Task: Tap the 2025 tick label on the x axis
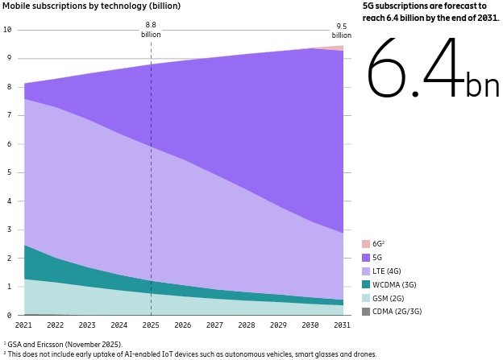coord(151,325)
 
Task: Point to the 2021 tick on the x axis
coord(23,325)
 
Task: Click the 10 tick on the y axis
coord(7,30)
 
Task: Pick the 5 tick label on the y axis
coord(7,173)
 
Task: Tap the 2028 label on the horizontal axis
coord(247,325)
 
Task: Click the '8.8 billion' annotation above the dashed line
coord(151,31)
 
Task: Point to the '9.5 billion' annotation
coord(343,31)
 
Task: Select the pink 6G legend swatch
coord(366,244)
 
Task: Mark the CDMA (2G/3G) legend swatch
coord(366,312)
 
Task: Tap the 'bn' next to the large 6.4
coord(482,84)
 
